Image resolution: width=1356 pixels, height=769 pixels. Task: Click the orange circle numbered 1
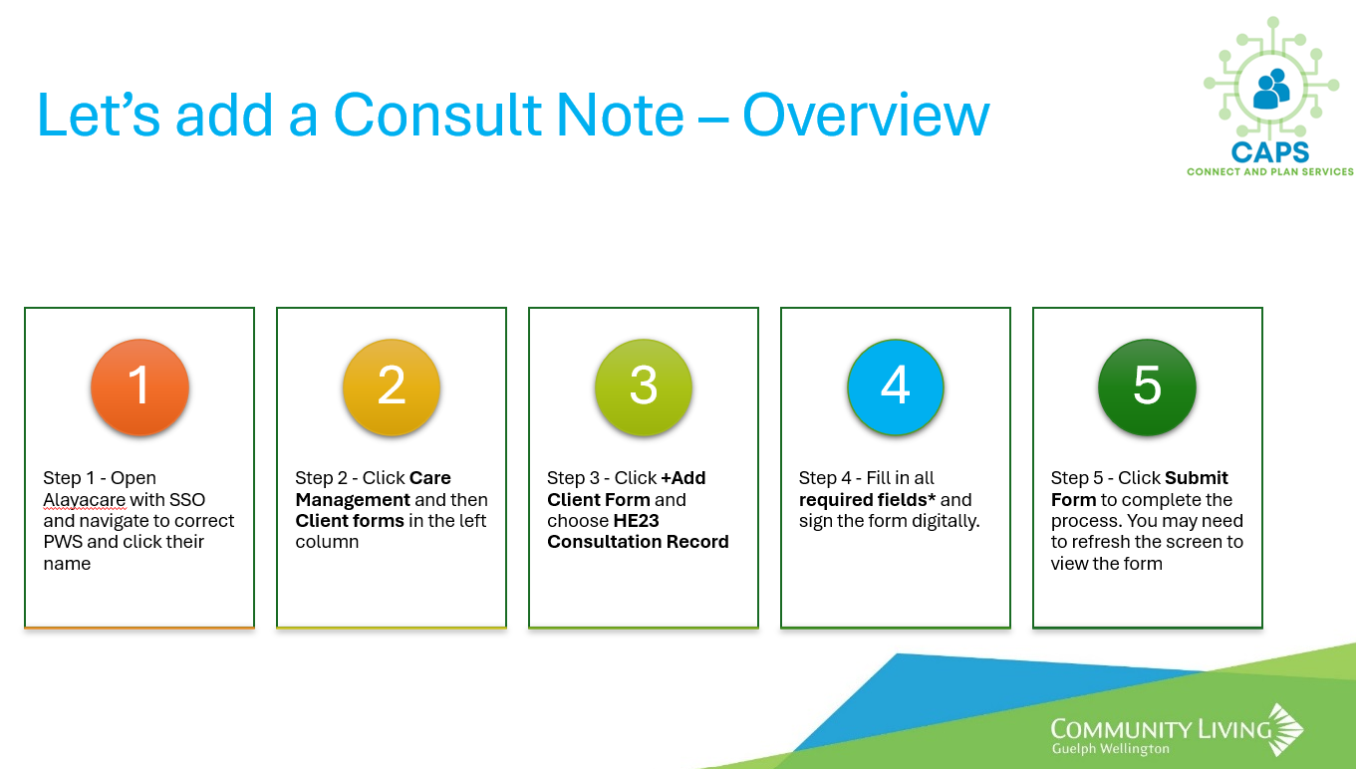pos(139,387)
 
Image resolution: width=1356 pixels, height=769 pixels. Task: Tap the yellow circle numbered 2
pos(392,387)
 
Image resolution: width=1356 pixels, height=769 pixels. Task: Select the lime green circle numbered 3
pos(644,387)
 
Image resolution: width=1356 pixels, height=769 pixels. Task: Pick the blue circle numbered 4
pos(896,387)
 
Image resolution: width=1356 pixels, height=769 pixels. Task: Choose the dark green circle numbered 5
pos(1147,387)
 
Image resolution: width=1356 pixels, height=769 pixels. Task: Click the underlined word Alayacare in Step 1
pos(85,500)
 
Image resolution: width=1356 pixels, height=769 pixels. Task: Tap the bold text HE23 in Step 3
pos(636,521)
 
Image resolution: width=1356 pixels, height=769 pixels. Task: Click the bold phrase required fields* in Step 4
pos(867,500)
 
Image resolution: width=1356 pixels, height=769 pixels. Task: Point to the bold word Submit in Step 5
pos(1197,478)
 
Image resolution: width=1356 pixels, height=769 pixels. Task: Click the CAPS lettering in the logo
pos(1270,152)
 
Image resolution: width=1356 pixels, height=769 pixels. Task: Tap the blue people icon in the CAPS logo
pos(1271,89)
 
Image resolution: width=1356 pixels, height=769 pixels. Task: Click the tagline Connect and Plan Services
pos(1270,172)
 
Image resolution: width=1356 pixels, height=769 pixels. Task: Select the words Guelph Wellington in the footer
pos(1111,748)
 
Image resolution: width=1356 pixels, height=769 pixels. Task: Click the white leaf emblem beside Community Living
pos(1286,729)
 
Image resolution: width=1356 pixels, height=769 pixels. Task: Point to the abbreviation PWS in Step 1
pos(63,542)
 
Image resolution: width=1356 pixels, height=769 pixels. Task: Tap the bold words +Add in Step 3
pos(682,478)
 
